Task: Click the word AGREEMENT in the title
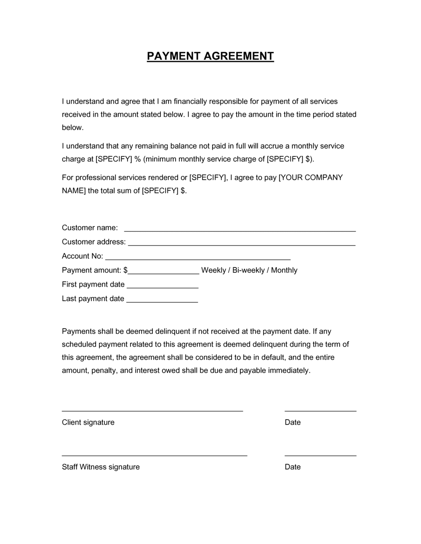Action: tap(238, 56)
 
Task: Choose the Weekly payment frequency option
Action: tap(213, 270)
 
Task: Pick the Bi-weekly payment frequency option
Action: tap(248, 270)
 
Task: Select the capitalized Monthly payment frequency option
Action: tap(284, 270)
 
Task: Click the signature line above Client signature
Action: tap(152, 410)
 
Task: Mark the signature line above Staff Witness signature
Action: tap(155, 455)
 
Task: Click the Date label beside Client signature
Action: tap(293, 423)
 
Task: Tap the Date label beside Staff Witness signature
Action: tap(293, 467)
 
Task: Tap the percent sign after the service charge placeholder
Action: tap(137, 159)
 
